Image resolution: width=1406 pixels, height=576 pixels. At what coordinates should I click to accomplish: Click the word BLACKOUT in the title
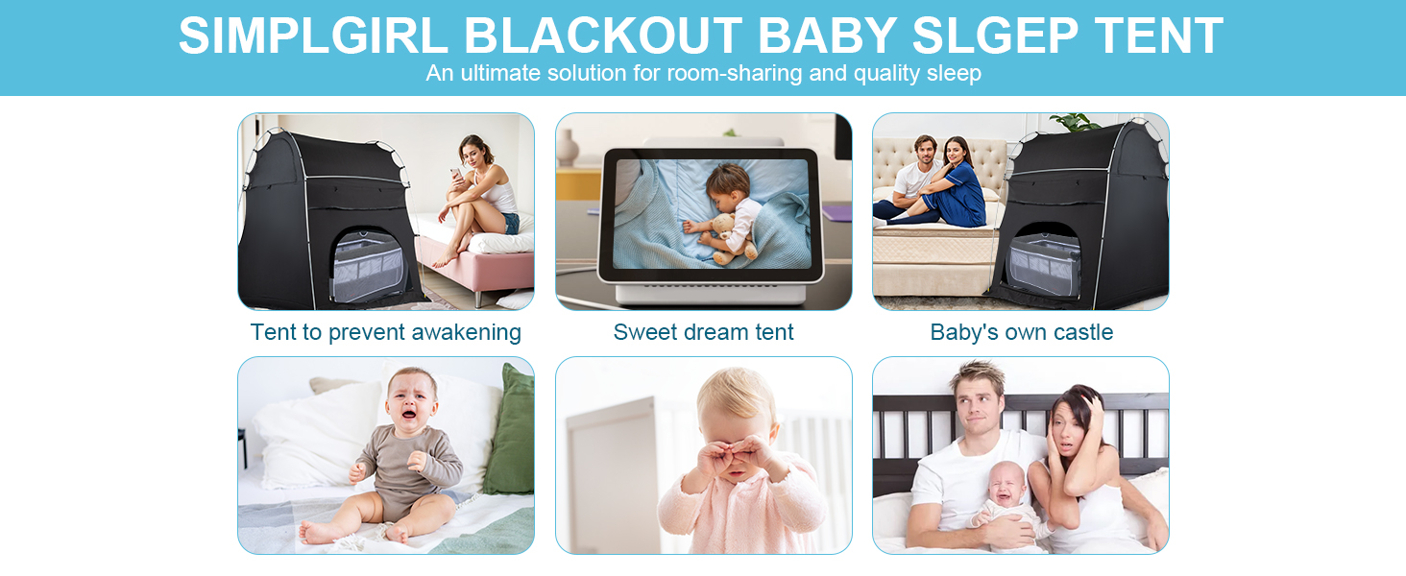602,36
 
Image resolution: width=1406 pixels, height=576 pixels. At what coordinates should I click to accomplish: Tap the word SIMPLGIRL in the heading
313,36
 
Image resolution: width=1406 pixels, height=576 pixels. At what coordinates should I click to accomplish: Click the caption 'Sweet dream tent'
703,332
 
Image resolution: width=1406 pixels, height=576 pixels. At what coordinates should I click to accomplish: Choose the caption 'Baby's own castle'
1021,332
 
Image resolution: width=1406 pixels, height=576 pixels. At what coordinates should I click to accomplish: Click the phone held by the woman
455,173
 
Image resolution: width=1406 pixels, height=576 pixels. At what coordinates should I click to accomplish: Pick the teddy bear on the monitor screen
731,237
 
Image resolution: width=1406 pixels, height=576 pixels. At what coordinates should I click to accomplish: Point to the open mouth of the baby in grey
408,414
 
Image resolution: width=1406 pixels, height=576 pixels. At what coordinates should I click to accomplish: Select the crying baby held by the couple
1005,502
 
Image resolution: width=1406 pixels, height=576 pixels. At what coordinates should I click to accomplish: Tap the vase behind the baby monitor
567,148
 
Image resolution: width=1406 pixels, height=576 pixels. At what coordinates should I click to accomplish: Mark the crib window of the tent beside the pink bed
367,265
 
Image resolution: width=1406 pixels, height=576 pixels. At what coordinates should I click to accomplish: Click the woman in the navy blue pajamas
948,185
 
